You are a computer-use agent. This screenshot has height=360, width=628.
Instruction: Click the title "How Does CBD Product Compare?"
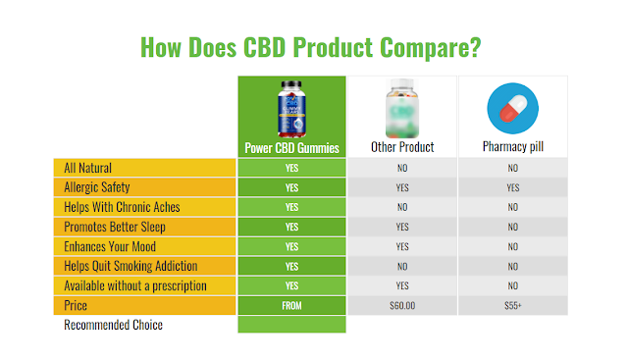(x=310, y=48)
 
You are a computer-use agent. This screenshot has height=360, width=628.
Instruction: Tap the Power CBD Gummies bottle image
(x=291, y=109)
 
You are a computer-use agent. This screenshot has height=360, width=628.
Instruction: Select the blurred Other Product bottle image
(x=402, y=108)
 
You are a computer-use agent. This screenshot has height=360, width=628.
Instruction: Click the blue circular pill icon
(x=512, y=109)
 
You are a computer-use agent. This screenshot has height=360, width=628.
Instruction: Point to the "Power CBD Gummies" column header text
(x=292, y=148)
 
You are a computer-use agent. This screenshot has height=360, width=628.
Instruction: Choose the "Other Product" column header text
(x=402, y=147)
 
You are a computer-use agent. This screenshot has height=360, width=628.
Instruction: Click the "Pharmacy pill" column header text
(x=513, y=146)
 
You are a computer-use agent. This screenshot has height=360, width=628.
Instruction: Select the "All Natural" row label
(x=87, y=168)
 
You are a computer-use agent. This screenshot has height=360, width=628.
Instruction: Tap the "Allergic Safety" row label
(x=97, y=187)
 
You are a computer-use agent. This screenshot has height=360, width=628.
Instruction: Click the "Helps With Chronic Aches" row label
(x=122, y=207)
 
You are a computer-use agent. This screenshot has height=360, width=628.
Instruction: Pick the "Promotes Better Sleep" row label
(x=115, y=227)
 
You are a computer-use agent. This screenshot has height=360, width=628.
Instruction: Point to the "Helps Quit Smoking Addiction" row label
(x=131, y=266)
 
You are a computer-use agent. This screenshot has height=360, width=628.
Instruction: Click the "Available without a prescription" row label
(x=135, y=285)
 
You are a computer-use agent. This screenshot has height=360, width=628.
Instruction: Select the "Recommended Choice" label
(x=114, y=325)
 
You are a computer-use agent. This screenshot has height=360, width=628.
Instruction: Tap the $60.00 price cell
(x=402, y=305)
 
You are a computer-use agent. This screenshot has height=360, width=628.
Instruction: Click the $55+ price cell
(x=513, y=305)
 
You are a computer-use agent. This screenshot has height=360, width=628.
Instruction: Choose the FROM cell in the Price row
(x=292, y=305)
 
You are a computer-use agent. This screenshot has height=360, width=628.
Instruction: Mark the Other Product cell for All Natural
(x=402, y=168)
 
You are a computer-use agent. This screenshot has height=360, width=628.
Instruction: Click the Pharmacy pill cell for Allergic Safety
(x=513, y=187)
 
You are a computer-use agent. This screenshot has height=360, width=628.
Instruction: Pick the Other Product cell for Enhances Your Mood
(x=402, y=246)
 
